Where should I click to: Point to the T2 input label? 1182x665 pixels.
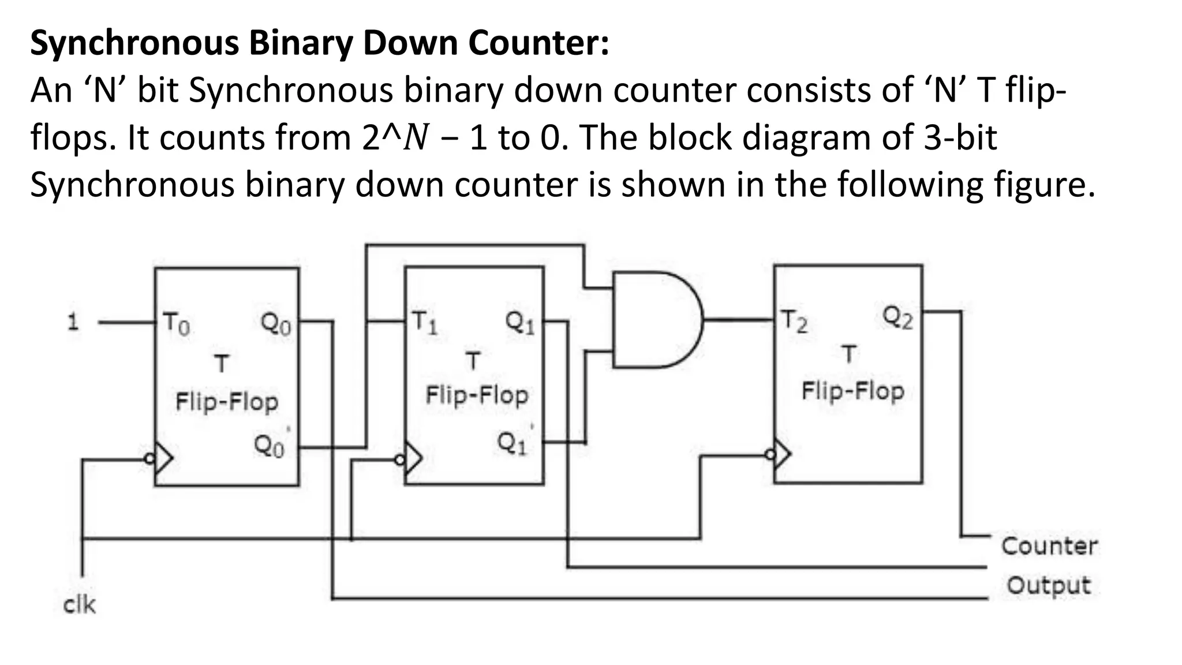pos(794,322)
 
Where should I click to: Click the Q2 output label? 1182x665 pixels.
pos(898,317)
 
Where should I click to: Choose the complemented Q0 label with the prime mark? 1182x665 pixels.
pos(270,445)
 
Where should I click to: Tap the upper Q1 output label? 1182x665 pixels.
pos(520,322)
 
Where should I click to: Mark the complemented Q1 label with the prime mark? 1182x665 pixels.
pos(513,443)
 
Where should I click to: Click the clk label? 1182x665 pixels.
pos(79,604)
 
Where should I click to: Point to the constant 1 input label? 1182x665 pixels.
pos(73,322)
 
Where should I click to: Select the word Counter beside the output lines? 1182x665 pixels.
pos(1049,546)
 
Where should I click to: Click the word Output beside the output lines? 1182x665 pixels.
pos(1049,585)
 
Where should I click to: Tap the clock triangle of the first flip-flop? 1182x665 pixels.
pos(164,459)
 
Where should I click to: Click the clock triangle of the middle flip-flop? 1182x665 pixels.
pos(414,459)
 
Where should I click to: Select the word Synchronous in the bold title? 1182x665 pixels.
pos(134,43)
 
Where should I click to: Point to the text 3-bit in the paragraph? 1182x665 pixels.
pos(960,137)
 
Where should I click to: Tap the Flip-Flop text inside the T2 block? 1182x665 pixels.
pos(852,391)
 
